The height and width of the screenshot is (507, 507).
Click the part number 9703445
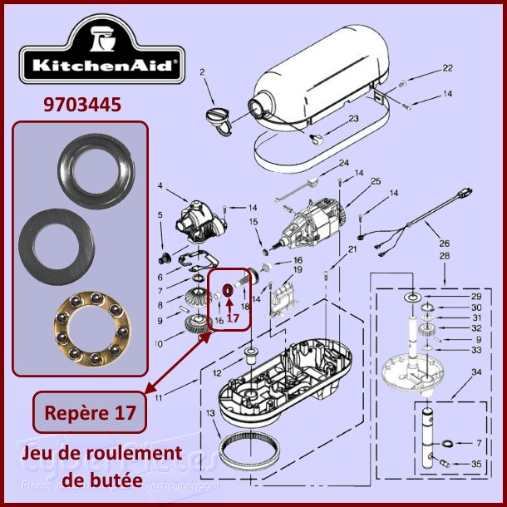(81, 105)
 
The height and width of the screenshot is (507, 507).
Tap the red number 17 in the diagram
(233, 317)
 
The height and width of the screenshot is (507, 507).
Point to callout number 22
(448, 69)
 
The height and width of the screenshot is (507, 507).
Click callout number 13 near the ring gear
(210, 414)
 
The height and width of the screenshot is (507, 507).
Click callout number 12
(217, 372)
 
